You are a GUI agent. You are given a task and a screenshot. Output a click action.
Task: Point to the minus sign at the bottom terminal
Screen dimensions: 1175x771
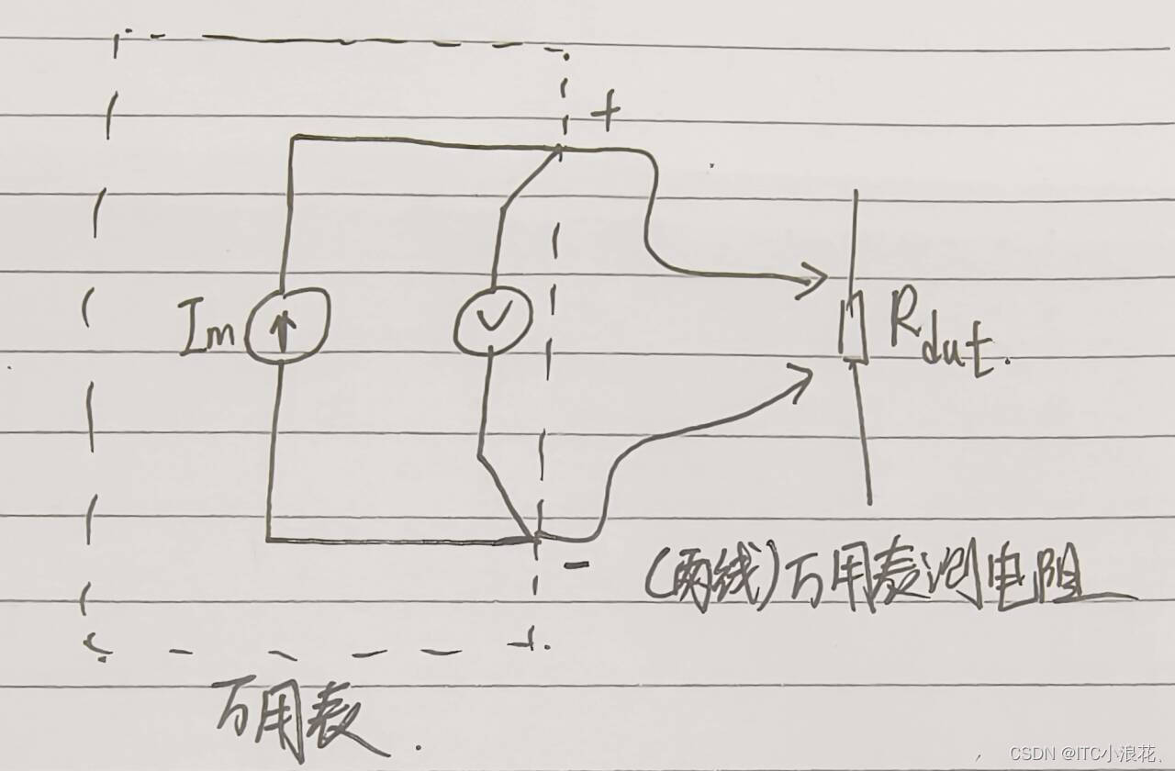point(576,566)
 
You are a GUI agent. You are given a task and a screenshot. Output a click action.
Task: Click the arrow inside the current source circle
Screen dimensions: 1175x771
point(282,327)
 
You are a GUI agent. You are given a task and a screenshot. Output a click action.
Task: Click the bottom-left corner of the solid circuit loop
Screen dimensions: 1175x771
point(268,539)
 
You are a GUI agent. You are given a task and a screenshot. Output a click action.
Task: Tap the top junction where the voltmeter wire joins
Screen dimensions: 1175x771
point(561,147)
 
